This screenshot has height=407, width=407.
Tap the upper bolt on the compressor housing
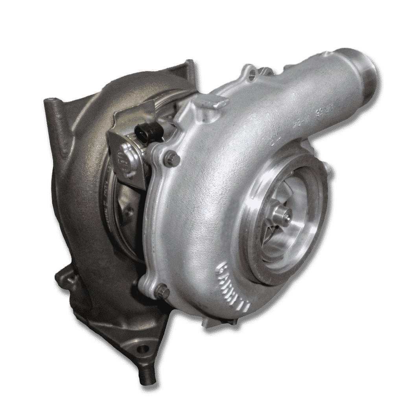coord(170,157)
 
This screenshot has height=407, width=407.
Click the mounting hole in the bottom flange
coord(142,350)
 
